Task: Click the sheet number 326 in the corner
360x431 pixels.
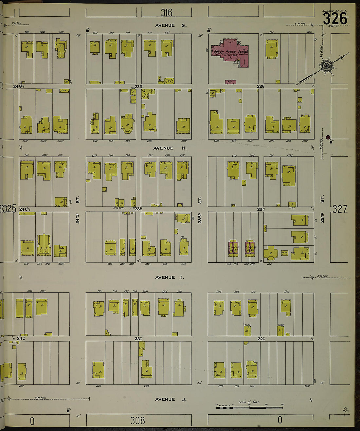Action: click(x=335, y=19)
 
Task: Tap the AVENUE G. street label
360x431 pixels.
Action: click(x=171, y=26)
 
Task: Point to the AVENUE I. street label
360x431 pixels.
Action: click(x=170, y=277)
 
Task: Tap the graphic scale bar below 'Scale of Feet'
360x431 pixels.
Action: click(x=249, y=407)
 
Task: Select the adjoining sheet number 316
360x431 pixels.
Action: click(x=166, y=13)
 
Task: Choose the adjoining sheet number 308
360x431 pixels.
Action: click(x=137, y=421)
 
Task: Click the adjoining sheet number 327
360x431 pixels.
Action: click(x=340, y=209)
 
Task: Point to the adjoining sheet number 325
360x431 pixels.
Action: click(x=9, y=209)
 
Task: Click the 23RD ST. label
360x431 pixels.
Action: click(x=200, y=210)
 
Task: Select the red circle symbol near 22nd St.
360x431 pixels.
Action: click(x=328, y=137)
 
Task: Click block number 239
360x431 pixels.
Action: click(x=138, y=86)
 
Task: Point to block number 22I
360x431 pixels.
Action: click(x=261, y=339)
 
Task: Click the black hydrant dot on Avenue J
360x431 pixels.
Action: click(x=68, y=410)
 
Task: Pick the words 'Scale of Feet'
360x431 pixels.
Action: click(x=249, y=402)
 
